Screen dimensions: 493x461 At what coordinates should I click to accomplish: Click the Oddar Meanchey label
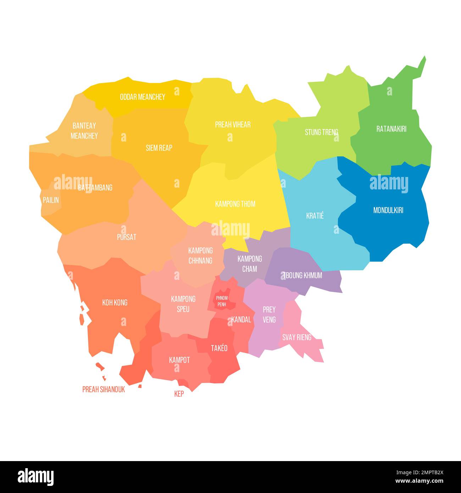pyautogui.click(x=142, y=97)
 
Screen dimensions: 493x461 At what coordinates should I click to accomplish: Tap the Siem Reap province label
pyautogui.click(x=159, y=148)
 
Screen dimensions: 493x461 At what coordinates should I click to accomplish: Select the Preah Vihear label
pyautogui.click(x=233, y=124)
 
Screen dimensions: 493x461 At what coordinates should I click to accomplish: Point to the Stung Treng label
pyautogui.click(x=321, y=132)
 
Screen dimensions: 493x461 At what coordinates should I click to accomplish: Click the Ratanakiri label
pyautogui.click(x=391, y=129)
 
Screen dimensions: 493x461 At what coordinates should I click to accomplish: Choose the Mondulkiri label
pyautogui.click(x=388, y=210)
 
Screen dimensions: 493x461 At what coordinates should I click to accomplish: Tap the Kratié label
pyautogui.click(x=315, y=216)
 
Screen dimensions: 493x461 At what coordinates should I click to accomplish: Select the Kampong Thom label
pyautogui.click(x=235, y=204)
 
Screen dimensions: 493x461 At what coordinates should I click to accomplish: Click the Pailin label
pyautogui.click(x=51, y=200)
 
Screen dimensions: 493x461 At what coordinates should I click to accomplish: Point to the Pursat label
pyautogui.click(x=127, y=237)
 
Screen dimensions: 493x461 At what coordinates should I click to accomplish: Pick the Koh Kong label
pyautogui.click(x=115, y=303)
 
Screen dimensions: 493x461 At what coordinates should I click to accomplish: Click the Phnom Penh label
pyautogui.click(x=222, y=301)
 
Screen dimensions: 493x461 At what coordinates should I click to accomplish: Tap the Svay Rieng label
pyautogui.click(x=296, y=337)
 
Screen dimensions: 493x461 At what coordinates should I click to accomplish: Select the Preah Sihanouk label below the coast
pyautogui.click(x=104, y=389)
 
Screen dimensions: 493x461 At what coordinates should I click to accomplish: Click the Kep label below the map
pyautogui.click(x=179, y=394)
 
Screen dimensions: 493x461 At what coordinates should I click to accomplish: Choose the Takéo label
pyautogui.click(x=219, y=348)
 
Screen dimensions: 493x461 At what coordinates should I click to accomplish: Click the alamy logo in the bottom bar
pyautogui.click(x=35, y=477)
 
